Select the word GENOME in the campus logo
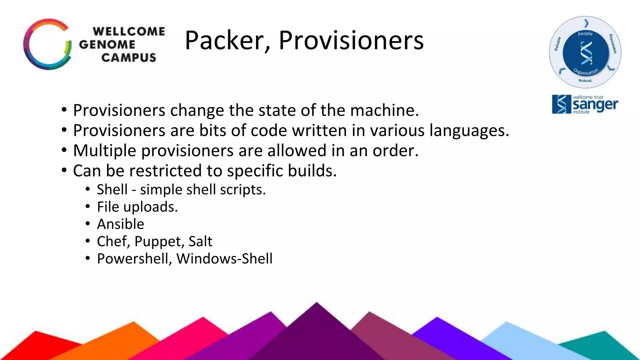[x=107, y=44]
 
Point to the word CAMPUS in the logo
[x=128, y=58]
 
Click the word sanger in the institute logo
[x=595, y=105]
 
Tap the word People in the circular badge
[x=585, y=34]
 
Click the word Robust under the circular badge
[x=585, y=81]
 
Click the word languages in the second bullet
[x=469, y=130]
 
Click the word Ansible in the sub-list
[x=121, y=224]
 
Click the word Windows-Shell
[x=224, y=259]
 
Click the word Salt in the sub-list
[x=200, y=242]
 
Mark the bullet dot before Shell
[x=88, y=189]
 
